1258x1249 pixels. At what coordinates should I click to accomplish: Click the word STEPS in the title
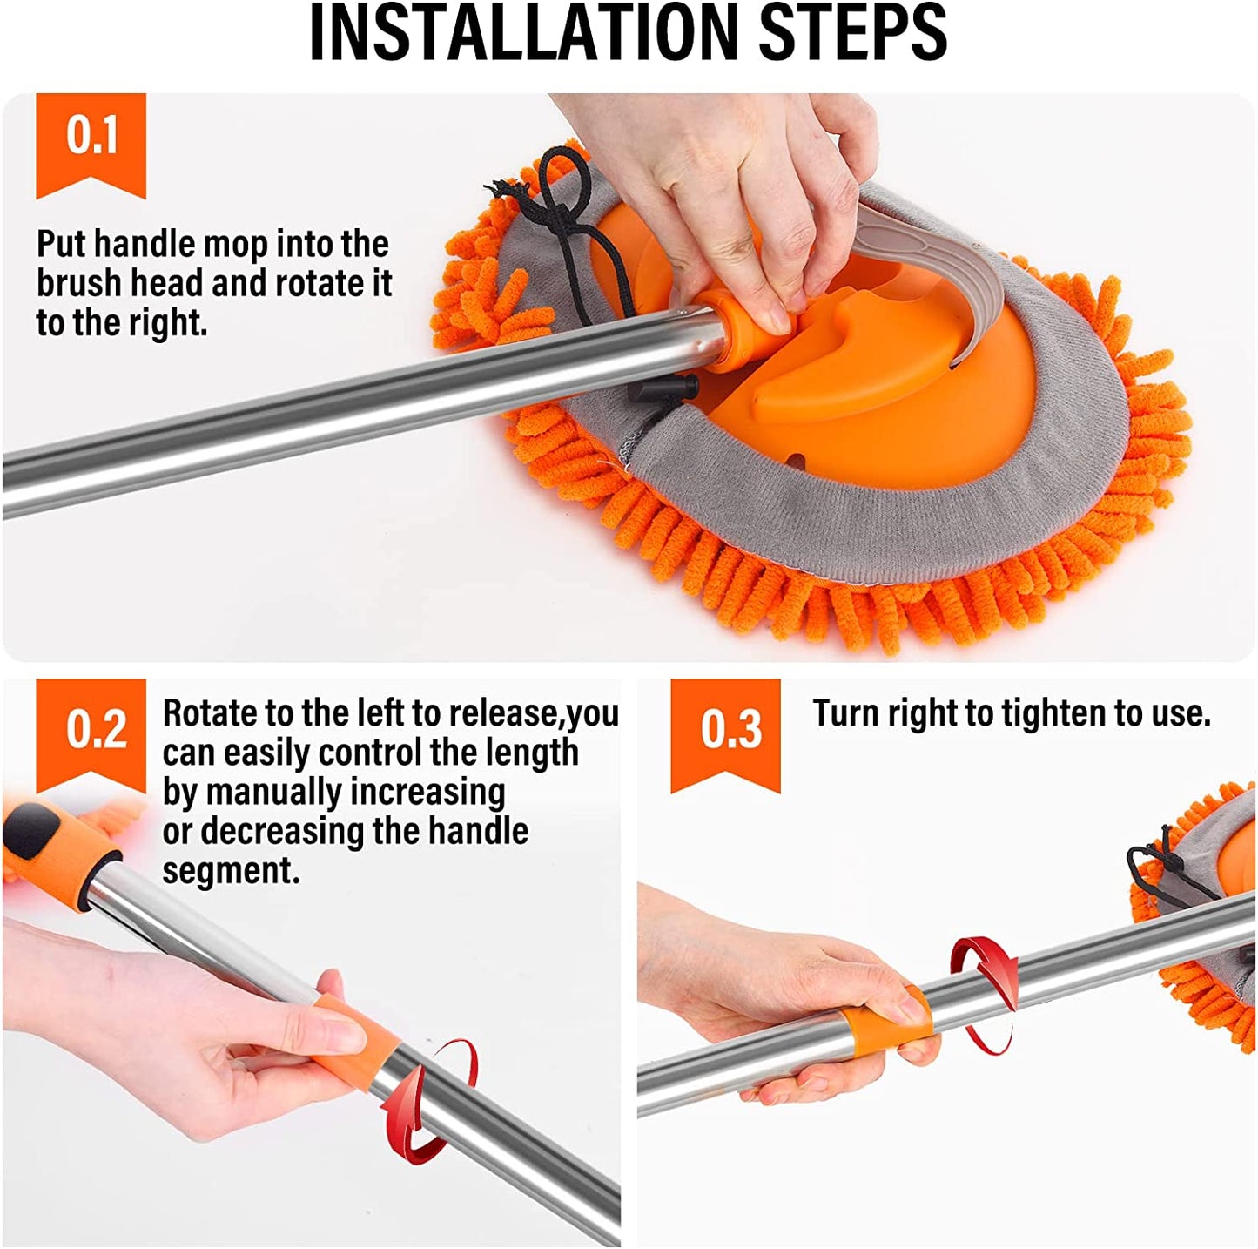(852, 33)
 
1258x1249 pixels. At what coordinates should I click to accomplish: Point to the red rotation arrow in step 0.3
(984, 993)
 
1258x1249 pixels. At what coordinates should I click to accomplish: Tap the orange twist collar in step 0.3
(888, 1019)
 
